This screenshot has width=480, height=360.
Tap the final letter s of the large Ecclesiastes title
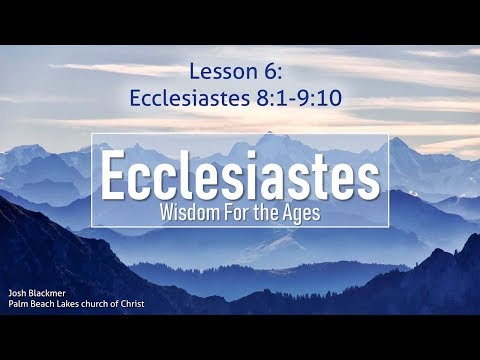click(x=367, y=179)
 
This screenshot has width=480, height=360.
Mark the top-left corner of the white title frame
click(x=93, y=133)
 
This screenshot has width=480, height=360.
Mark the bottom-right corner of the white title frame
click(x=388, y=227)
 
